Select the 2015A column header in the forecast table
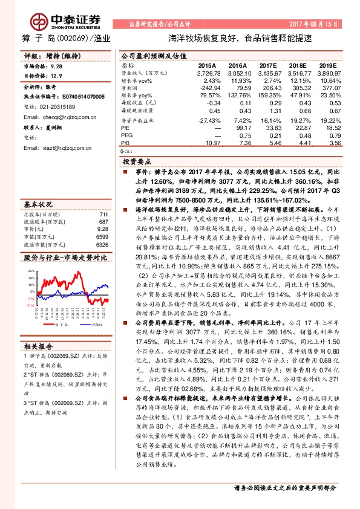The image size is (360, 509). [207, 64]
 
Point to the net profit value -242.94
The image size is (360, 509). [206, 88]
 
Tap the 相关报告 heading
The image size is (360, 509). [39, 346]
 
